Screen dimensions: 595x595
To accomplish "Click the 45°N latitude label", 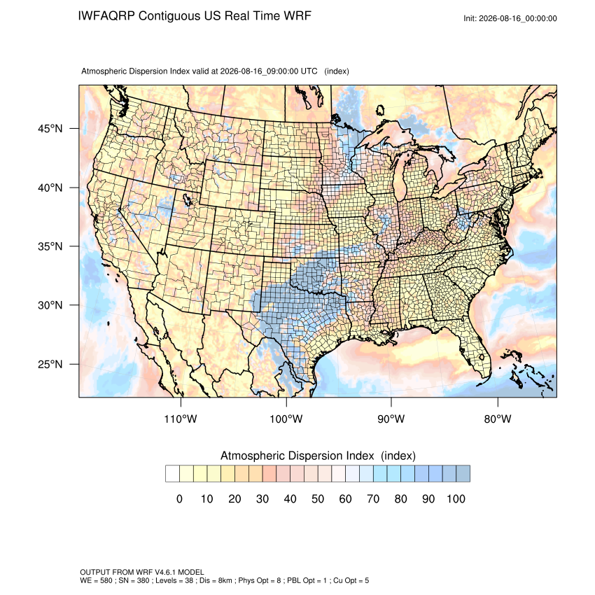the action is click(50, 129).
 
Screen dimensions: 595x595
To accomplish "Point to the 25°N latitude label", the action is click(50, 364).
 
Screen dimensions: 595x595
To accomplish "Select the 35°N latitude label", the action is click(50, 246).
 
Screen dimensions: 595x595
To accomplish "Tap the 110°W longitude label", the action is click(181, 419).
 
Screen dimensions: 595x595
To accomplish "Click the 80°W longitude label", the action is click(498, 419).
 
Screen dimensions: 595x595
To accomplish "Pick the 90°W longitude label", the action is click(391, 419).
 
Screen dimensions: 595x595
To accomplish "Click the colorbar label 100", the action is click(456, 498).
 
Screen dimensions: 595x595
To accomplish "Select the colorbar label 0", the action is click(179, 498).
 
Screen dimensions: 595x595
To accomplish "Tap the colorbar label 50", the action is click(318, 498).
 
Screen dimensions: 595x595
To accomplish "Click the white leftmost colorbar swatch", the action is click(173, 474).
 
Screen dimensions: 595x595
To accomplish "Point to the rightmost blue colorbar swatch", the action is click(463, 474).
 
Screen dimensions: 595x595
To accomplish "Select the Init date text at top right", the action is click(510, 19).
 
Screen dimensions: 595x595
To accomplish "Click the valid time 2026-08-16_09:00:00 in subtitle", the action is click(259, 71).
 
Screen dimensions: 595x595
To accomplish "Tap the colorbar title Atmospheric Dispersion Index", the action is click(297, 456).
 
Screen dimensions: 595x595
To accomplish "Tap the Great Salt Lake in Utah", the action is click(187, 200).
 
